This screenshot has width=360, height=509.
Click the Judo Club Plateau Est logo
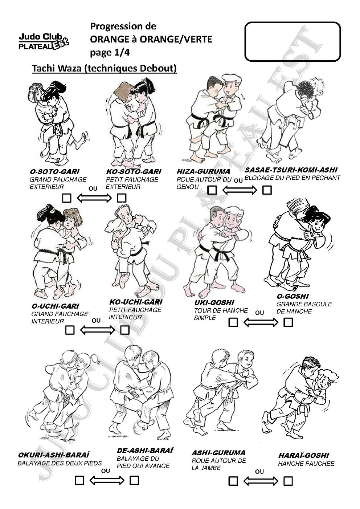click(44, 42)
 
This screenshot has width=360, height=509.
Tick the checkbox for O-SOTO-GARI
click(66, 198)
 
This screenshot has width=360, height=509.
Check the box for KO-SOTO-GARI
click(122, 198)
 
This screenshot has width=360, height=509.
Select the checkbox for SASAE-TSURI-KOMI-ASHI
click(267, 190)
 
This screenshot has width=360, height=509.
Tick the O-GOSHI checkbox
click(288, 322)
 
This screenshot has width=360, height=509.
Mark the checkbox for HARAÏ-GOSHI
click(288, 481)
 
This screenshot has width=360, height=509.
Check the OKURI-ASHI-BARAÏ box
click(79, 480)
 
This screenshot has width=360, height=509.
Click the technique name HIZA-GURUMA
click(203, 171)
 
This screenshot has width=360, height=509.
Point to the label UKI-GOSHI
click(214, 302)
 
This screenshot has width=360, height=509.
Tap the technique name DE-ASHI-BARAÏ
click(145, 451)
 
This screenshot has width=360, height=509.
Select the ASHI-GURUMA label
click(218, 453)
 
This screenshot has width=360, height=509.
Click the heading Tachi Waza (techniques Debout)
click(104, 68)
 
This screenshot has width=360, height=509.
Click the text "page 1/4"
click(110, 53)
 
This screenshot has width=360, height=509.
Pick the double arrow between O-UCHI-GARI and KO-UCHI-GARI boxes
click(97, 330)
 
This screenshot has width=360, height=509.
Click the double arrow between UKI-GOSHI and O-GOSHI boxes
click(261, 322)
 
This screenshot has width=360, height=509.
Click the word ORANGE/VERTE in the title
click(176, 39)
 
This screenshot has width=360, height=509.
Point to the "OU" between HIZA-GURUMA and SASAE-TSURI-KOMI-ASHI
click(238, 181)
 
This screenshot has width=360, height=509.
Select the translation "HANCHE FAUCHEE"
click(306, 464)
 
